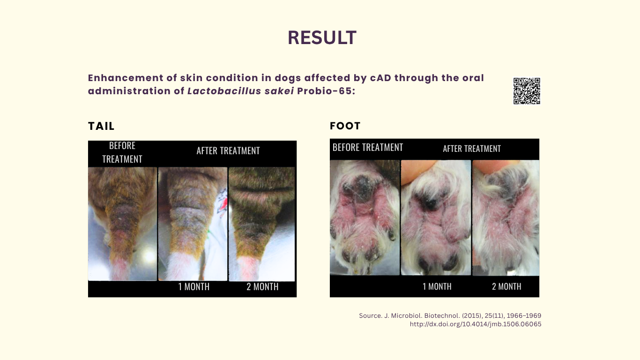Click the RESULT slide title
[x=322, y=37]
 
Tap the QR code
[x=527, y=91]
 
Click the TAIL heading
[x=101, y=126]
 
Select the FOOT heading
[x=345, y=126]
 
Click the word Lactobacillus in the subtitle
[x=224, y=91]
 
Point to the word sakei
[x=279, y=91]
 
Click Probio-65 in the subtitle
[x=326, y=91]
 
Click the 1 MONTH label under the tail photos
[x=193, y=286]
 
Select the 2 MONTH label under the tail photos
[x=262, y=286]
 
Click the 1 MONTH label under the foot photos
[x=437, y=286]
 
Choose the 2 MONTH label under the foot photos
[x=506, y=286]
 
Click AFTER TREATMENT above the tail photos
[x=228, y=150]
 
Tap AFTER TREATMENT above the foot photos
[x=472, y=149]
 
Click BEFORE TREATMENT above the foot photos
[x=368, y=147]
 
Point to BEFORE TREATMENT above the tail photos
[x=122, y=152]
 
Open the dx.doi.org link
[x=476, y=324]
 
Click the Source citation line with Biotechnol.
[x=450, y=315]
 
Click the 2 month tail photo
[x=262, y=224]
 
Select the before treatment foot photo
[x=365, y=217]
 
